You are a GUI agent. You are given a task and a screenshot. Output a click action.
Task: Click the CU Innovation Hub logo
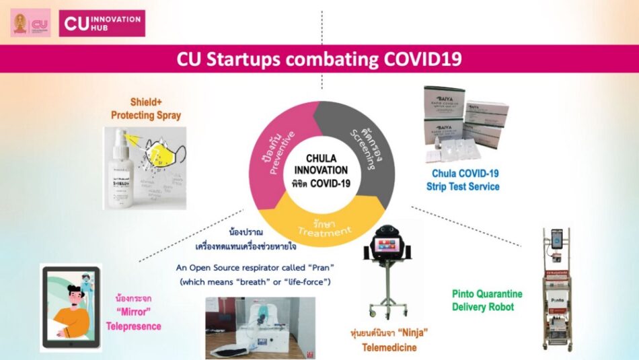pyautogui.click(x=102, y=23)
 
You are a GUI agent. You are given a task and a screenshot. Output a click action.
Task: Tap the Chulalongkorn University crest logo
pyautogui.click(x=20, y=23)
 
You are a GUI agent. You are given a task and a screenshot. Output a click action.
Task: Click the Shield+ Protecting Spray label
pyautogui.click(x=146, y=109)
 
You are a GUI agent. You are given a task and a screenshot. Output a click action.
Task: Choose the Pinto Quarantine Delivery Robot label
pyautogui.click(x=486, y=301)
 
